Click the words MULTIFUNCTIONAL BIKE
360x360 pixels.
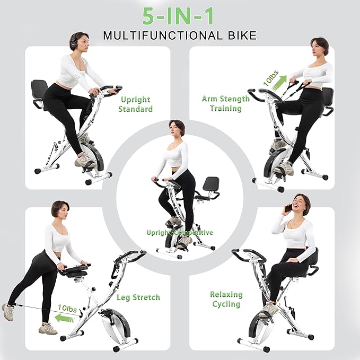[x=180, y=36]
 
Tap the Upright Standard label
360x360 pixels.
[x=136, y=104]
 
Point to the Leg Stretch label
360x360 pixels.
[x=138, y=297]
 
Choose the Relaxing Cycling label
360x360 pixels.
[x=226, y=298]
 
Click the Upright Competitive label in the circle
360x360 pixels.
[x=180, y=232]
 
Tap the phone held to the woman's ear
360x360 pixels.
[x=289, y=208]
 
